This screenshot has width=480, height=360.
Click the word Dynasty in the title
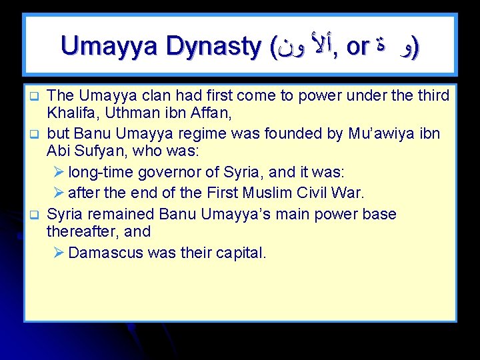point(215,46)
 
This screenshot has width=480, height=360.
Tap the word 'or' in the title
point(358,46)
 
